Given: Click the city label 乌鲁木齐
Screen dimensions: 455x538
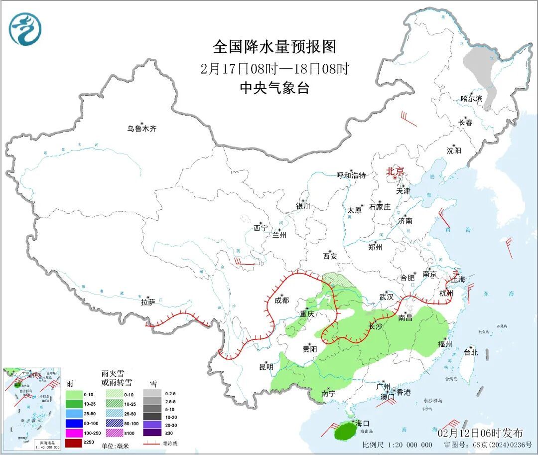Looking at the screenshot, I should (141, 129).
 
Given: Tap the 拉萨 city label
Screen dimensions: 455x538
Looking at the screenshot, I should (148, 302).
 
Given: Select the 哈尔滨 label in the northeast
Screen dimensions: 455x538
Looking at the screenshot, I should (471, 99).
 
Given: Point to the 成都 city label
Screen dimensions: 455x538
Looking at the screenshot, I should (281, 300).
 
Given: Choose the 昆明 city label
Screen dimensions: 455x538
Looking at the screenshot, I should (266, 367).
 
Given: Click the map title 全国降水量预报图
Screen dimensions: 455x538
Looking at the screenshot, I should (274, 47).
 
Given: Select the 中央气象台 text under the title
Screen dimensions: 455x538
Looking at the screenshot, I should (274, 88).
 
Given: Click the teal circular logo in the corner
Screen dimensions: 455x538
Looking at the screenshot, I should (25, 29).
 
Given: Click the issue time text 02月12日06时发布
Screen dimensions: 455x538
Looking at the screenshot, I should (480, 432).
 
